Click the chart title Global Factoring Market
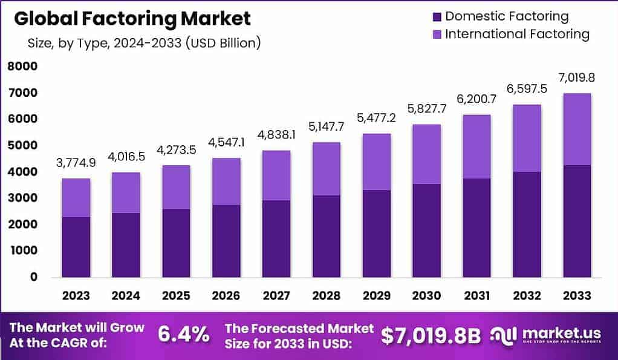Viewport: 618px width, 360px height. click(132, 19)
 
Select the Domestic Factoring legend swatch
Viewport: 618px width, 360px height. click(437, 16)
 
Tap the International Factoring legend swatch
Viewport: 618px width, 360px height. click(437, 34)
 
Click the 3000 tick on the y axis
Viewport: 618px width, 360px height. click(22, 198)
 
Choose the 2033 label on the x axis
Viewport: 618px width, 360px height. click(576, 295)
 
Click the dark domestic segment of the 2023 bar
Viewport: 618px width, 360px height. click(76, 247)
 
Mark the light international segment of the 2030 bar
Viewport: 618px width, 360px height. click(426, 154)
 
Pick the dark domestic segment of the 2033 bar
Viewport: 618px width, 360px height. click(576, 221)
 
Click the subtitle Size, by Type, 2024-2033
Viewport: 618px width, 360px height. click(144, 44)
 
